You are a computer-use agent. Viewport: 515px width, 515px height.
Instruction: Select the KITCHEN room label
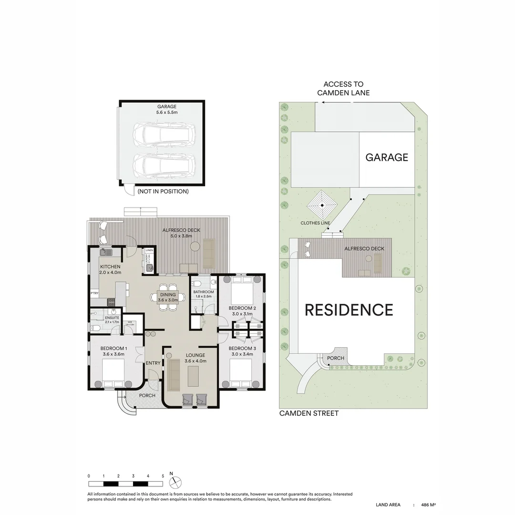point(110,267)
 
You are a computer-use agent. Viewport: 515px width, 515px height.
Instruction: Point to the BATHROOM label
point(203,292)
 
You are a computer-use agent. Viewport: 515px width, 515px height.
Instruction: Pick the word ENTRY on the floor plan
point(153,363)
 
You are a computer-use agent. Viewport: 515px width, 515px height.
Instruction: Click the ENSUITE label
point(105,317)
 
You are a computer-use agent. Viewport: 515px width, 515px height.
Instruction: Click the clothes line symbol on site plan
point(322,205)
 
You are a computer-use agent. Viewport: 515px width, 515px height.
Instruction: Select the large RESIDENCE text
point(349,310)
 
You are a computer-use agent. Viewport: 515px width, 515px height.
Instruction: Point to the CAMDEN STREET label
point(309,413)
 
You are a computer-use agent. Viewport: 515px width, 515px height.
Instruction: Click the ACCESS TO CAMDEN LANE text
point(343,88)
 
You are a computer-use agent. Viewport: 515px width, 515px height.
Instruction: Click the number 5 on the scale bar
point(163,476)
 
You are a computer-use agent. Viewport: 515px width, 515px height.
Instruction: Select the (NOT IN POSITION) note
point(163,191)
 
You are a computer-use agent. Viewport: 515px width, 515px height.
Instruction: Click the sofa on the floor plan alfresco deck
point(209,253)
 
